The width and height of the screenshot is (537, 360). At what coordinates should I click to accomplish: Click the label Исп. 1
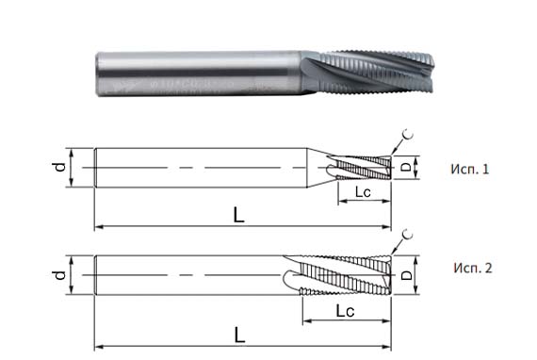[470, 170]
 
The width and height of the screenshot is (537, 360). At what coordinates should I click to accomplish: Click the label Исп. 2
[471, 268]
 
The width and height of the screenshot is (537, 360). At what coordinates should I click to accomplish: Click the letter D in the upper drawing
[406, 169]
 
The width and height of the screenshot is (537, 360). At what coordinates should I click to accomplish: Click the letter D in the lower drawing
[406, 276]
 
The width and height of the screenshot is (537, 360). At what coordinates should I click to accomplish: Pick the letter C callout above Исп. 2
[407, 233]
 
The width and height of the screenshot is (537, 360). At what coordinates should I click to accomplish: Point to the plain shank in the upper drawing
[207, 168]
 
